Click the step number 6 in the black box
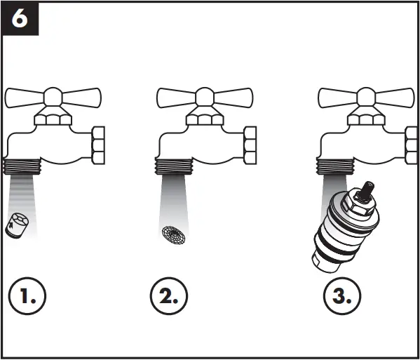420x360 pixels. click(x=19, y=18)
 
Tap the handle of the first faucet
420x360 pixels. click(x=53, y=96)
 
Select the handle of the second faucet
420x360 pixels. click(x=204, y=96)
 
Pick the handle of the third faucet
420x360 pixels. click(x=365, y=96)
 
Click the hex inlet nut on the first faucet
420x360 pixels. click(x=97, y=146)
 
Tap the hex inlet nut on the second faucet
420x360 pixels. click(x=250, y=146)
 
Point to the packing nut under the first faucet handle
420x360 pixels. click(x=55, y=119)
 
